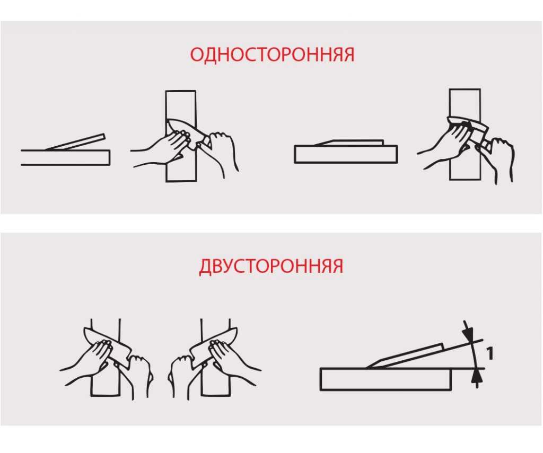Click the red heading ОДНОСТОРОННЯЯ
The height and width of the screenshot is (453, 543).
(x=272, y=55)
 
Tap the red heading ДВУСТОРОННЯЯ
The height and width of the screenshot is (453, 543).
(x=271, y=266)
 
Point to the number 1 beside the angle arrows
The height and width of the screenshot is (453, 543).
(x=489, y=353)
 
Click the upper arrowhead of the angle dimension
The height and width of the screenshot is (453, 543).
(x=468, y=334)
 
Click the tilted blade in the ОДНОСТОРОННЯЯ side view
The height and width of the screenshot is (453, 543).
(x=75, y=142)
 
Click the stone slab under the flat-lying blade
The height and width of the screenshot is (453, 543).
(x=346, y=154)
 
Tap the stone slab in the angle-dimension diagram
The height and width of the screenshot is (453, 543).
(x=386, y=379)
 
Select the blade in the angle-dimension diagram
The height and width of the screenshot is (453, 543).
(x=405, y=357)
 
